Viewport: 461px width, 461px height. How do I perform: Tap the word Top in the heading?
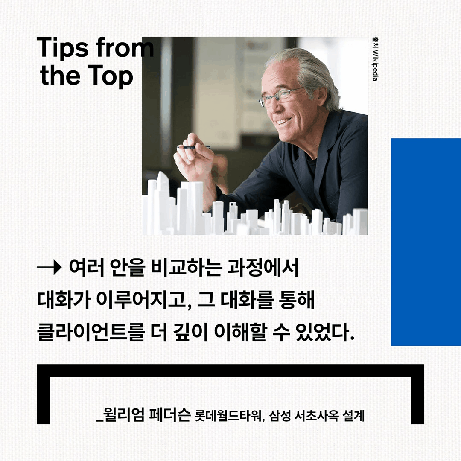(112, 76)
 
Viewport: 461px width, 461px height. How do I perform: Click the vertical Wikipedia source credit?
(375, 60)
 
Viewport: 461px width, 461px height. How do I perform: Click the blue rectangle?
(426, 242)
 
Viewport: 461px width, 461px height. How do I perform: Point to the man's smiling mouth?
(283, 122)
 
